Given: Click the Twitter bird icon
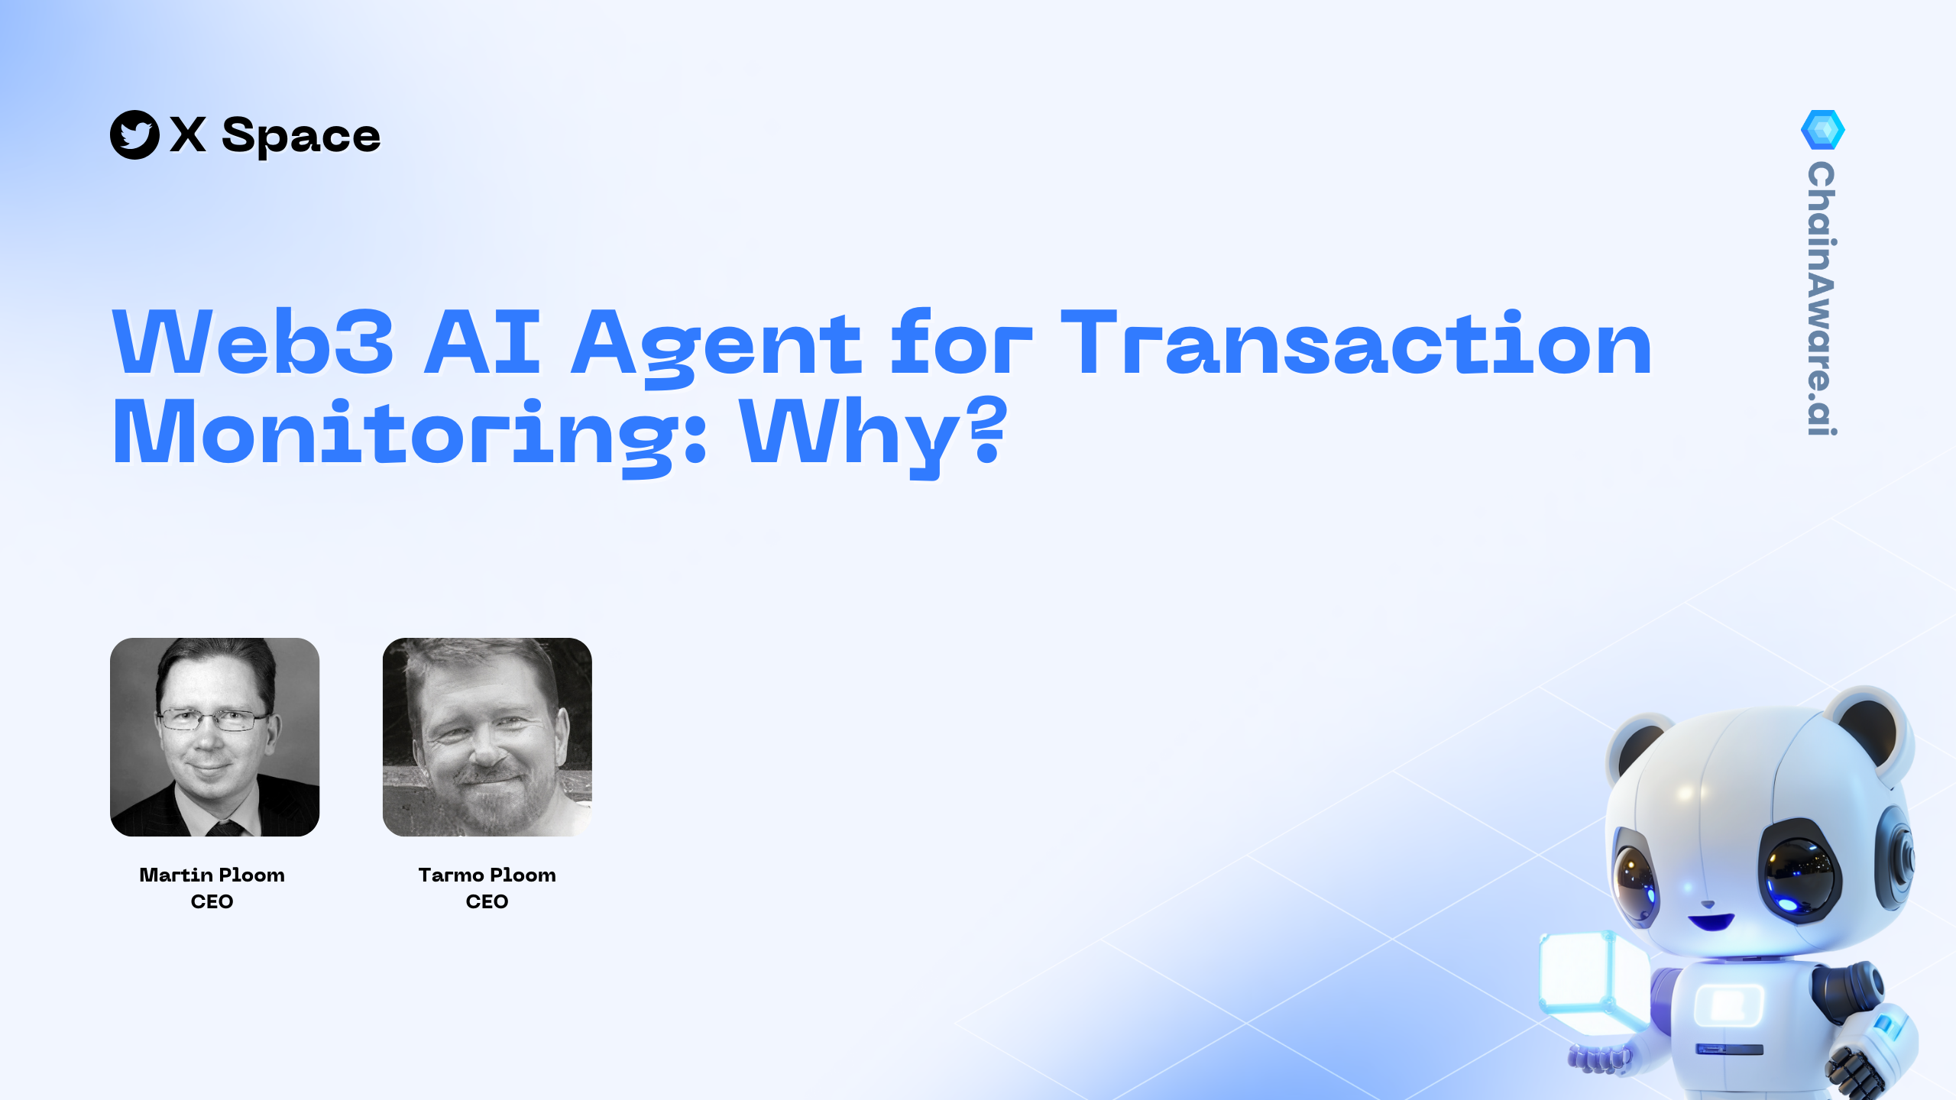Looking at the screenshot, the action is click(x=134, y=135).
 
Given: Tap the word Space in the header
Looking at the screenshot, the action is click(x=301, y=136).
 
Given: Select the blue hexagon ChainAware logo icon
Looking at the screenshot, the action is click(x=1823, y=130).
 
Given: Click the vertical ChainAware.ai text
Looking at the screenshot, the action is click(x=1822, y=299).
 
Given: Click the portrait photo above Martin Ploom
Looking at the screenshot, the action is click(x=215, y=737).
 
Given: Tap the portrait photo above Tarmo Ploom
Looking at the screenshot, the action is click(x=487, y=737).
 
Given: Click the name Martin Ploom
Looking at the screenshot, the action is click(x=212, y=875).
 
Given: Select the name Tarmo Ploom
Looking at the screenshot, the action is click(x=487, y=875).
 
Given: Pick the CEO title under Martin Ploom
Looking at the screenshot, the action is click(x=212, y=902).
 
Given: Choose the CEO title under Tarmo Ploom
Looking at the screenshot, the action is click(x=487, y=902).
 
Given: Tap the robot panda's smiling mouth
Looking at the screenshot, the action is click(x=1710, y=920).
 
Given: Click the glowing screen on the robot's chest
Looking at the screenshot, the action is click(x=1728, y=1005).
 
